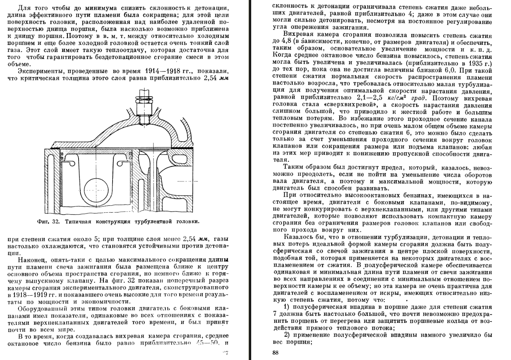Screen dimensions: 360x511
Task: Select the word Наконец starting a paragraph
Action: point(31,260)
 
